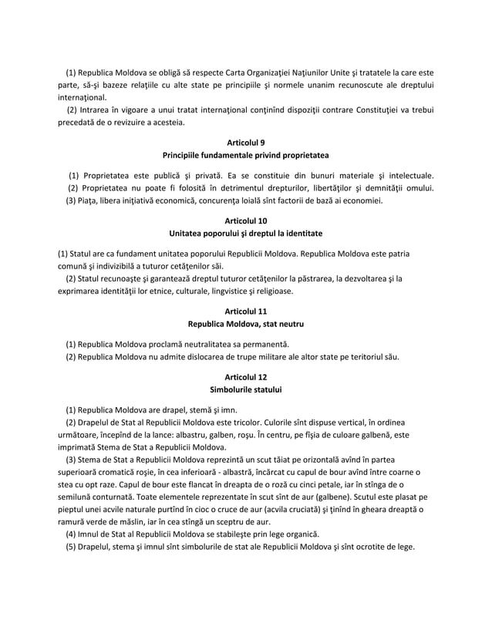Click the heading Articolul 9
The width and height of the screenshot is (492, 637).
coord(245,143)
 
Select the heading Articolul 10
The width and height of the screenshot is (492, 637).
coord(245,220)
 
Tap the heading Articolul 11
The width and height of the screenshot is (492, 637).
coord(245,312)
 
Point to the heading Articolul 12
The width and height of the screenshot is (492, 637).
coord(245,377)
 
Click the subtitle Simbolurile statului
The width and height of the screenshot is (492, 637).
coord(245,390)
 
